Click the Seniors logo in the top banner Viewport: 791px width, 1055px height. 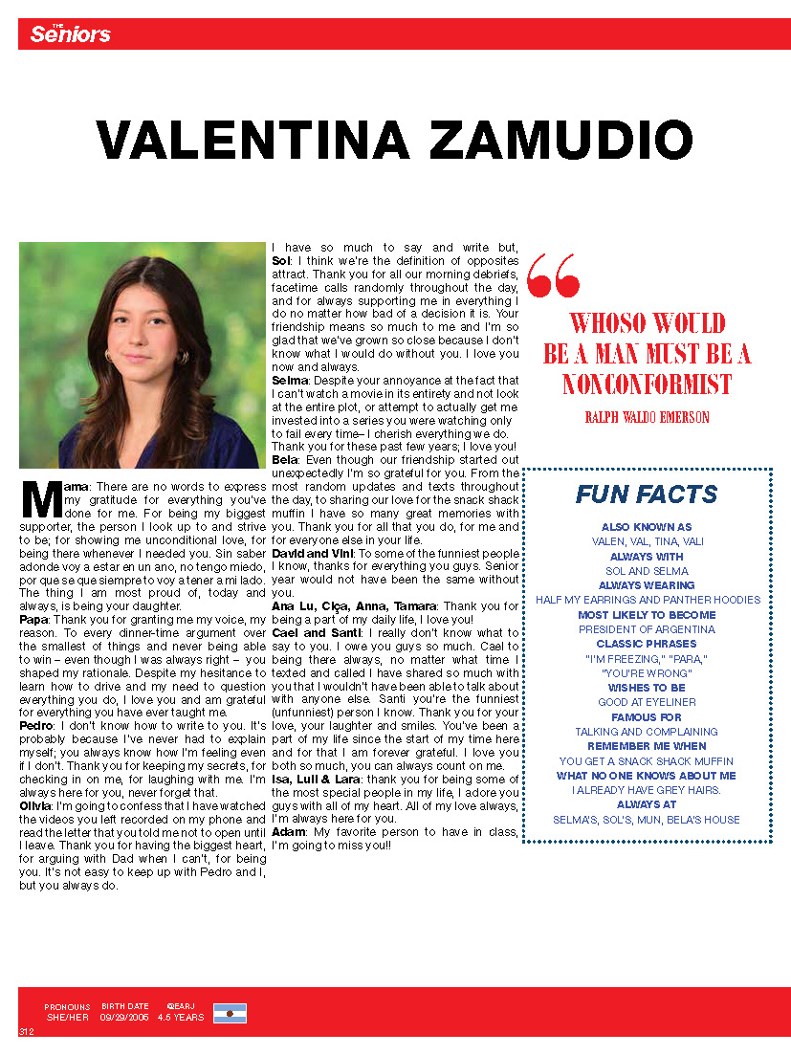(70, 34)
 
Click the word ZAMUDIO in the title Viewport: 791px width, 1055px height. (560, 141)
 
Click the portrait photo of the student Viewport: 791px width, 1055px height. (142, 355)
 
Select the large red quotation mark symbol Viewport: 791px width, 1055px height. (554, 275)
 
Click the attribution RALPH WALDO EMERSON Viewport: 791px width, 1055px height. (647, 417)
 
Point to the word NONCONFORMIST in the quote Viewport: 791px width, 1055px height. (647, 385)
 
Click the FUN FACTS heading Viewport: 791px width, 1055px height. (647, 495)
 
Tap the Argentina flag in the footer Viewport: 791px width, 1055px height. (230, 1013)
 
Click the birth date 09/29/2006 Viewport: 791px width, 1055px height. (124, 1018)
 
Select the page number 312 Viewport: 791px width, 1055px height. (27, 1031)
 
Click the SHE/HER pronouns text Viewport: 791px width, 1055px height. (67, 1018)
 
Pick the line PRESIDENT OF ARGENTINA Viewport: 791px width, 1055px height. (647, 629)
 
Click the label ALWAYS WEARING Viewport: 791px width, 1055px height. (647, 585)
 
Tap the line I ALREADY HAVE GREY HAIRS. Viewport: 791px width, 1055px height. (647, 790)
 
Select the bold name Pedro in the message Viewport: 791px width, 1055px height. (36, 726)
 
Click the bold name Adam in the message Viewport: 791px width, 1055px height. (288, 832)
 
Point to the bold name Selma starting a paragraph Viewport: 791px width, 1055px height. (289, 380)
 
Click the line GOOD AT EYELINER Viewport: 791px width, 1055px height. (647, 702)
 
